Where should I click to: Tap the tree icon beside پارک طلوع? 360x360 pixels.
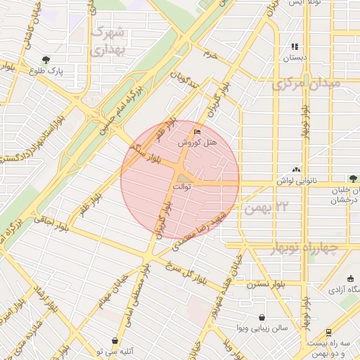[x=46, y=60]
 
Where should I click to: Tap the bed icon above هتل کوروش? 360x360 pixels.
[x=197, y=131]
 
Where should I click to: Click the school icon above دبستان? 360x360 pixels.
[x=295, y=47]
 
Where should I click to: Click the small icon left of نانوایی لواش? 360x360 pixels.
[x=296, y=169]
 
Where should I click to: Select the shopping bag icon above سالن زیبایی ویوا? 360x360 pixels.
[x=262, y=317]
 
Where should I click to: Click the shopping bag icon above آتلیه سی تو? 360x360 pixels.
[x=112, y=340]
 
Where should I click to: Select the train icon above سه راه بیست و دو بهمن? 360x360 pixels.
[x=328, y=333]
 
